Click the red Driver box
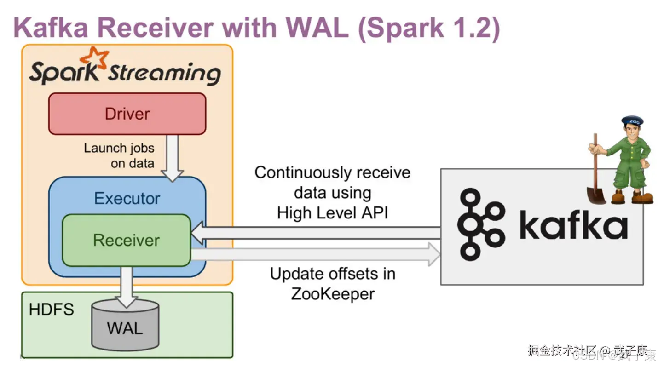click(x=127, y=114)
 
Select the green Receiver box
click(x=127, y=240)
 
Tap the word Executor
click(x=127, y=199)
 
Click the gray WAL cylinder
click(x=125, y=327)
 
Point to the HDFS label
click(x=51, y=310)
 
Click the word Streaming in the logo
click(x=163, y=74)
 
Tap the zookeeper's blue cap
click(x=632, y=121)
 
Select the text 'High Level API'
click(x=333, y=213)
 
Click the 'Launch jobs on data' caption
click(x=119, y=155)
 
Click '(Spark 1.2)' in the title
click(x=428, y=28)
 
